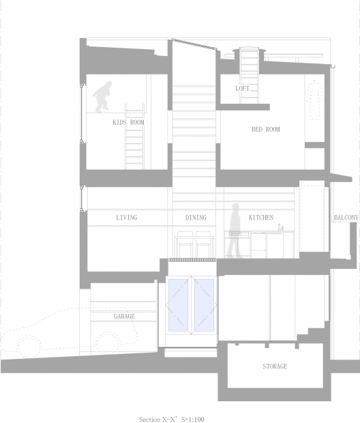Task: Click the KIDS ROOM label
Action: click(x=128, y=122)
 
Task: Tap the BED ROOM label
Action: click(x=266, y=129)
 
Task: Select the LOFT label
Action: click(x=242, y=88)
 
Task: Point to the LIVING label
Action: click(x=126, y=218)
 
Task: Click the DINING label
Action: click(x=196, y=218)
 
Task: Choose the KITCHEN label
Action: click(x=261, y=218)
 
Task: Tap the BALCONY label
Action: click(x=346, y=218)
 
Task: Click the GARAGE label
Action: click(x=124, y=316)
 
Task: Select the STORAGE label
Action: click(x=275, y=366)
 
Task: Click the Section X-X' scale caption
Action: click(x=172, y=419)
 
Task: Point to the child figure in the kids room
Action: click(x=103, y=97)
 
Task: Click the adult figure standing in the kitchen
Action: click(x=234, y=231)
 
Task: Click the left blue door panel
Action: click(x=179, y=305)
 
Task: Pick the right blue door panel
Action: click(x=204, y=305)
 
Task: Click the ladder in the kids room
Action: click(x=134, y=136)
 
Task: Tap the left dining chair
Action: click(x=185, y=244)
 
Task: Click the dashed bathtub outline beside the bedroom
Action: click(x=314, y=100)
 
